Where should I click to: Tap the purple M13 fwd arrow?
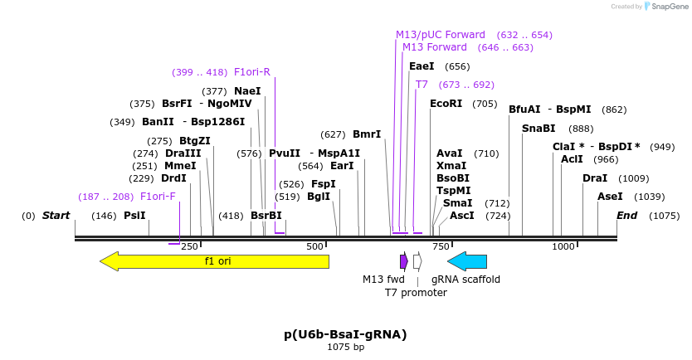click(x=404, y=261)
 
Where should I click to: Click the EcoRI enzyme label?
click(x=446, y=104)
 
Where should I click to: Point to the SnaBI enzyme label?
click(x=539, y=129)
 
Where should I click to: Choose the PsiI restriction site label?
click(x=134, y=216)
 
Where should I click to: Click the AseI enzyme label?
click(x=610, y=197)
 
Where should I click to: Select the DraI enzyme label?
click(x=594, y=178)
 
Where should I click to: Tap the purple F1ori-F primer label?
click(x=158, y=197)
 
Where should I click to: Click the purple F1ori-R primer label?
click(x=252, y=72)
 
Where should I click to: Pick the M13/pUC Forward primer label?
click(x=440, y=35)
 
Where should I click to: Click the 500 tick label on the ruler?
click(x=314, y=247)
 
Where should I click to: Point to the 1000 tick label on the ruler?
click(x=563, y=247)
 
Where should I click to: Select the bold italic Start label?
click(x=56, y=216)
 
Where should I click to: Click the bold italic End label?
click(x=627, y=216)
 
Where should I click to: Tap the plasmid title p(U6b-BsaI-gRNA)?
click(x=345, y=334)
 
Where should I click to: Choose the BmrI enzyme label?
click(x=367, y=134)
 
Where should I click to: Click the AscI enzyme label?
click(x=461, y=216)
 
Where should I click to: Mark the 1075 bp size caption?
click(x=345, y=348)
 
